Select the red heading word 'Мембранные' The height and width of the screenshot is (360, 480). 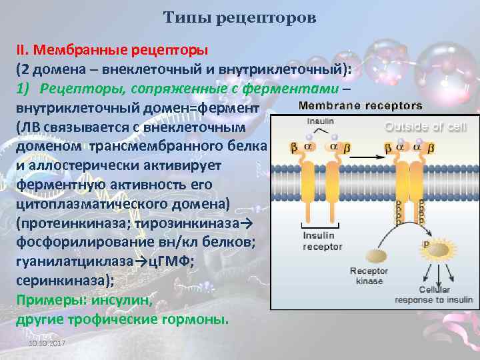pos(74,50)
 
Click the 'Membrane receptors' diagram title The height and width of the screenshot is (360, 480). pos(360,105)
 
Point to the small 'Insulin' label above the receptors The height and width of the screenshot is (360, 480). pos(321,122)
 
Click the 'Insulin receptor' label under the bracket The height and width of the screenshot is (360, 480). pos(323,241)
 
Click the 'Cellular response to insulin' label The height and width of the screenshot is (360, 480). pos(425,295)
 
